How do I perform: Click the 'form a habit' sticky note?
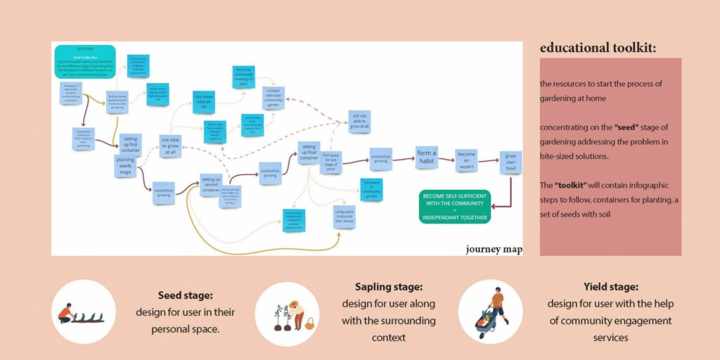(x=426, y=157)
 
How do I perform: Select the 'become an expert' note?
(x=466, y=160)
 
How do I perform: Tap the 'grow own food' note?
(x=510, y=162)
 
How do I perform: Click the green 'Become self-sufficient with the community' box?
(x=454, y=207)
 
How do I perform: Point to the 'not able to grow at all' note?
(x=169, y=146)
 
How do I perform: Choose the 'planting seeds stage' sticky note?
(x=125, y=166)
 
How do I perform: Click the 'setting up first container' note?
(x=130, y=143)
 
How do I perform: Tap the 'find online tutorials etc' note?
(x=204, y=102)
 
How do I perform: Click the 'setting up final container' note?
(x=309, y=152)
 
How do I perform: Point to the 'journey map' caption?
(x=494, y=249)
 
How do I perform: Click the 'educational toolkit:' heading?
(x=598, y=48)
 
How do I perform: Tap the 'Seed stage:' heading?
(x=186, y=296)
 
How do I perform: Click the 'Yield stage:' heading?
(x=610, y=287)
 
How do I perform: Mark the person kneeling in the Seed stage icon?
(x=65, y=313)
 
